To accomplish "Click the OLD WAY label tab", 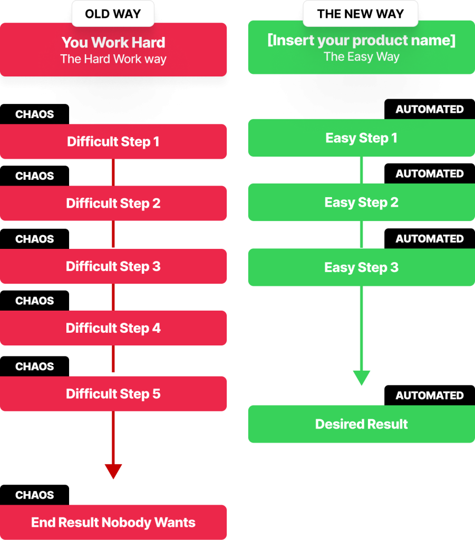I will (x=113, y=14).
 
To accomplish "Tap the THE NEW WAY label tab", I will (x=361, y=14).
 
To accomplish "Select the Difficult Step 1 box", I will (x=113, y=142).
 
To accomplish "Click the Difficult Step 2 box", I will (x=113, y=204).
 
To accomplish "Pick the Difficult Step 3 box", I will (x=113, y=266).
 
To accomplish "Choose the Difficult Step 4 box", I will (x=113, y=328).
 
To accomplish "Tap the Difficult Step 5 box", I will (x=113, y=394).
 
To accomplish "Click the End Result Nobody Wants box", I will (x=113, y=523).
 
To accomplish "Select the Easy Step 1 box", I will (x=361, y=138).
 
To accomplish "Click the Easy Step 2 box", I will (x=361, y=202).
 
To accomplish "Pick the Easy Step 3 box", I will (x=361, y=267).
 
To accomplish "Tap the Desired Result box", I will (x=361, y=424).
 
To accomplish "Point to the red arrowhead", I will (x=113, y=471).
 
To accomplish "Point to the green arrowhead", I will (x=361, y=378).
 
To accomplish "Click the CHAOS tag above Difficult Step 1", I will (x=35, y=114).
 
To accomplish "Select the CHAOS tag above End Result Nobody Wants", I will (x=35, y=495).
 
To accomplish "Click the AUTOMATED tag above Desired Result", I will (x=430, y=396).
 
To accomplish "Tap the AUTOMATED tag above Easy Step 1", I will (x=430, y=110).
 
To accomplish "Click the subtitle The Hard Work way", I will (x=113, y=59).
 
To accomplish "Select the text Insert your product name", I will (x=361, y=41).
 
